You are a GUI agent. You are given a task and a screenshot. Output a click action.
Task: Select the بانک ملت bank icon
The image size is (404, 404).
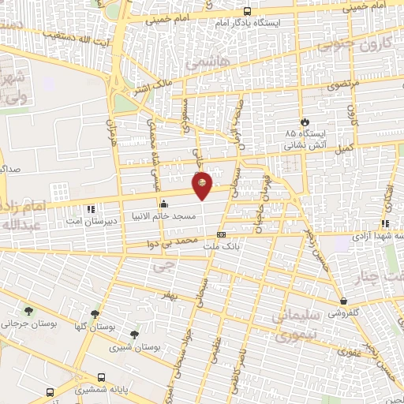click(x=221, y=234)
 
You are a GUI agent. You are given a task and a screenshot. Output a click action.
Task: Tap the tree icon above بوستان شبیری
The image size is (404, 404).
click(x=134, y=334)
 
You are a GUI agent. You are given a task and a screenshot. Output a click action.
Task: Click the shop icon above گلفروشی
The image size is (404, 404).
click(x=343, y=301)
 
